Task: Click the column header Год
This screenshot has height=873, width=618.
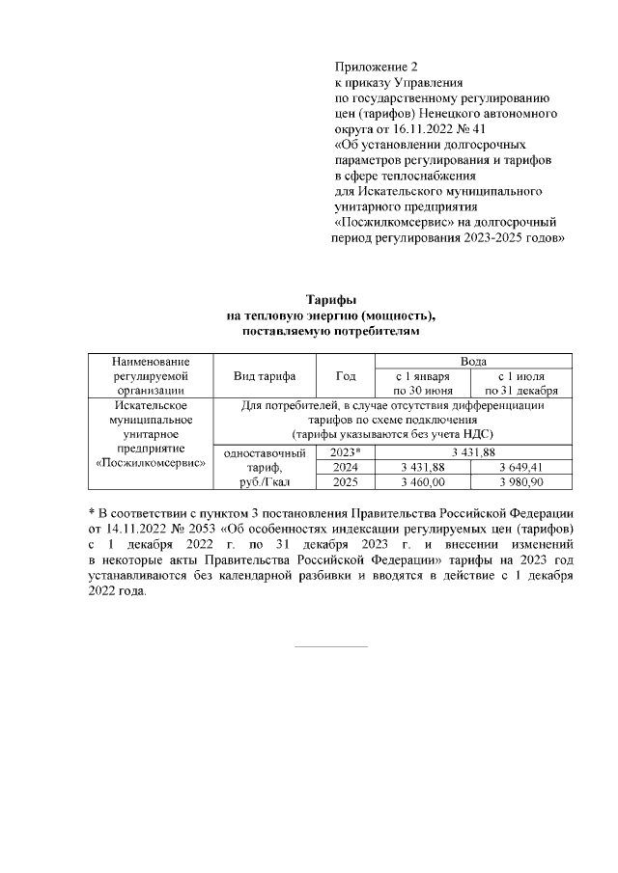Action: coord(345,375)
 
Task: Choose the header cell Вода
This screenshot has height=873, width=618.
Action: coord(473,360)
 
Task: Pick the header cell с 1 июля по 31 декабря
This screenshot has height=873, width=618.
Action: coord(521,383)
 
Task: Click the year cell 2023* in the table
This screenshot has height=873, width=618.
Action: coord(345,451)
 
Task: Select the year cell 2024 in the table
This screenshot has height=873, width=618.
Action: coord(345,466)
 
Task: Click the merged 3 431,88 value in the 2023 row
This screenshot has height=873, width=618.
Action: coord(473,451)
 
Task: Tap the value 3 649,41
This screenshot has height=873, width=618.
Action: coord(521,466)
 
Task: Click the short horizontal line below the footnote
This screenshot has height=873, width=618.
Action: coord(330,645)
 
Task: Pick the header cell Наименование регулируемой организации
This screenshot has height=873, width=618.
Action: coord(149,375)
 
